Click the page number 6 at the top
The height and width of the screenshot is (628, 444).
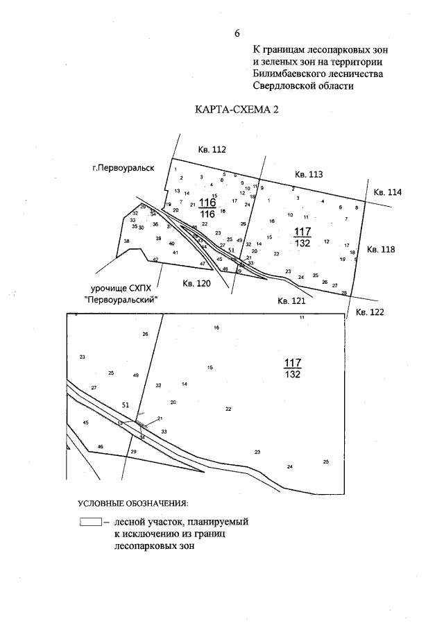click(237, 33)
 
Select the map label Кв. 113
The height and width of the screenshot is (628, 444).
click(309, 174)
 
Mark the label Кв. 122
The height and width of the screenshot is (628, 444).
click(369, 313)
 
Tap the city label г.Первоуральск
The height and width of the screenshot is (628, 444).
click(123, 168)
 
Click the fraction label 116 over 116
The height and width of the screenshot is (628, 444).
click(207, 207)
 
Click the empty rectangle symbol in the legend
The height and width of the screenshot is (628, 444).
click(90, 521)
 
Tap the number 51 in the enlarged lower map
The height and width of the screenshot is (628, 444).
click(126, 405)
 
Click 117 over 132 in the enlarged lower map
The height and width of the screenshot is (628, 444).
click(292, 368)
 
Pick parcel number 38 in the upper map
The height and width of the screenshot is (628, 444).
click(126, 241)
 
